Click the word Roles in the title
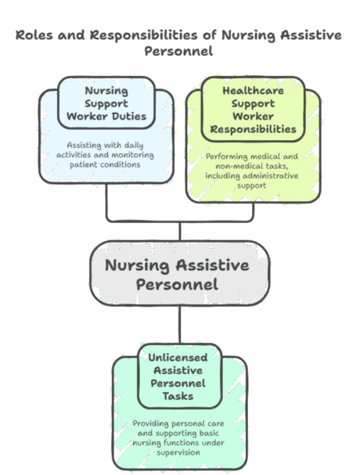click(32, 36)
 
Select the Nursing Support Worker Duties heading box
click(106, 102)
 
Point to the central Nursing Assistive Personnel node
click(179, 274)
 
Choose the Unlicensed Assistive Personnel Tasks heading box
click(178, 376)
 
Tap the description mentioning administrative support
click(252, 171)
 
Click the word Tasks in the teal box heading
click(178, 396)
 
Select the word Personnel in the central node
click(178, 284)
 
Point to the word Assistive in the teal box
click(178, 370)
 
